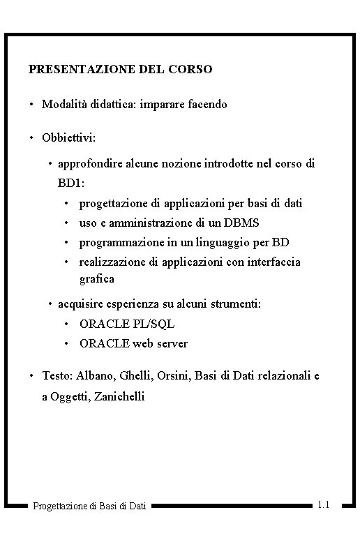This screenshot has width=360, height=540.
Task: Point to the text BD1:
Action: tap(71, 183)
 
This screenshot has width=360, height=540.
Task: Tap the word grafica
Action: tap(97, 279)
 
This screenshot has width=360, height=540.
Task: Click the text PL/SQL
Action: tap(153, 324)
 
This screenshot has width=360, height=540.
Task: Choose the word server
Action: tap(172, 344)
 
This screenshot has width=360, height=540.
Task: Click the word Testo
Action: tap(56, 376)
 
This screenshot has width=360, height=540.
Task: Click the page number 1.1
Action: tap(324, 504)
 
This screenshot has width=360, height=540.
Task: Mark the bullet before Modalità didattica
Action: tap(31, 105)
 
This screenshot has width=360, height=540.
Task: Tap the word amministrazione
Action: tap(142, 223)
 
